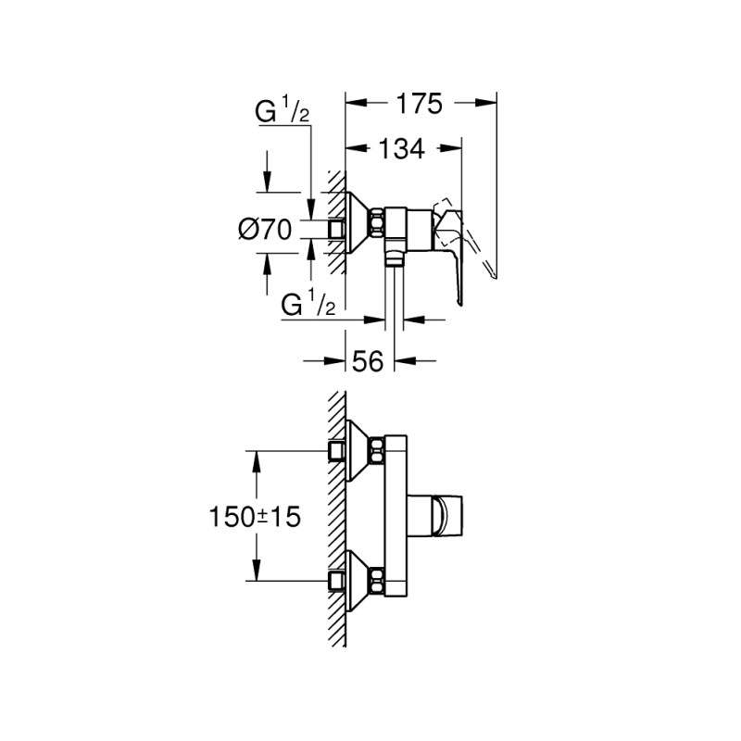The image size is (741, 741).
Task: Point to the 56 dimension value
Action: pyautogui.click(x=367, y=362)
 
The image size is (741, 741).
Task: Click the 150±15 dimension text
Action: pyautogui.click(x=256, y=516)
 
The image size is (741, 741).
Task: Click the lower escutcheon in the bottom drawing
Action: pyautogui.click(x=358, y=581)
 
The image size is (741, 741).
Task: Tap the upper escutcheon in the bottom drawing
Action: pyautogui.click(x=358, y=451)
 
